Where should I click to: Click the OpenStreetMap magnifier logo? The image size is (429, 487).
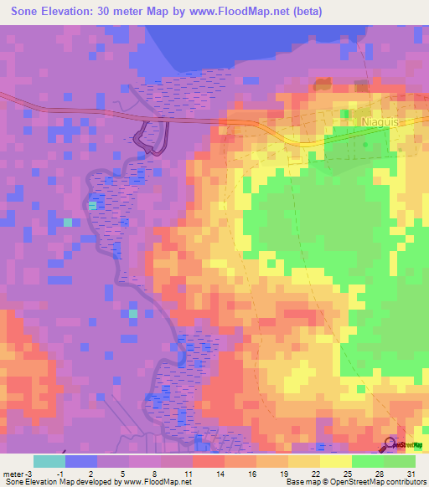[391, 445]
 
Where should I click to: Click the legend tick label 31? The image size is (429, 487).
[411, 474]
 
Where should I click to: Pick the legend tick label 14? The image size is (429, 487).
[220, 474]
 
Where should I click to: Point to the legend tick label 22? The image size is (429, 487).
[315, 474]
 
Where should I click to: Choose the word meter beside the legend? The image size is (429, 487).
[14, 474]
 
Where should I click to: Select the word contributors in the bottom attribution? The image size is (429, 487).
[403, 482]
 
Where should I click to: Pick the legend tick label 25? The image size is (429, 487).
[347, 474]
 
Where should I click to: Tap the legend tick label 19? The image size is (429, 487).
[283, 474]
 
